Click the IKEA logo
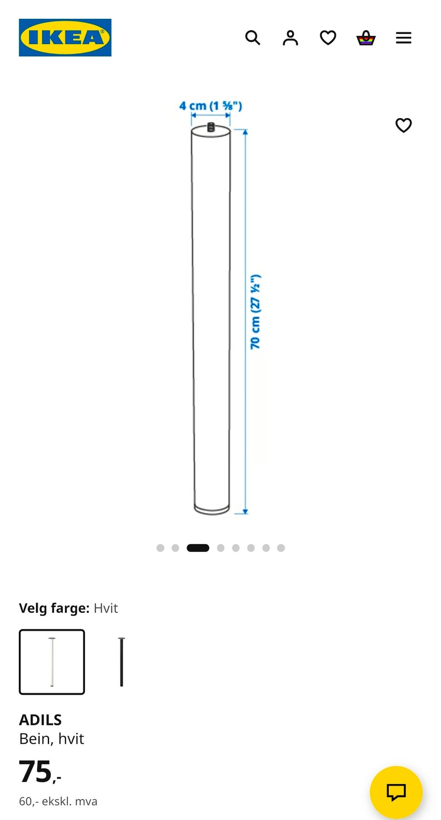click(x=65, y=38)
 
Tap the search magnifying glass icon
click(x=253, y=38)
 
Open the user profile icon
click(x=290, y=38)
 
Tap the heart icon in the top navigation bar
click(x=328, y=38)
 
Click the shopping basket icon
click(x=366, y=38)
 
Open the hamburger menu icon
click(x=404, y=38)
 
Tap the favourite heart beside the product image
click(x=404, y=125)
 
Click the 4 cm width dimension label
click(x=210, y=106)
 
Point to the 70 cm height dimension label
click(x=255, y=311)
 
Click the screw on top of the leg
click(x=211, y=127)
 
